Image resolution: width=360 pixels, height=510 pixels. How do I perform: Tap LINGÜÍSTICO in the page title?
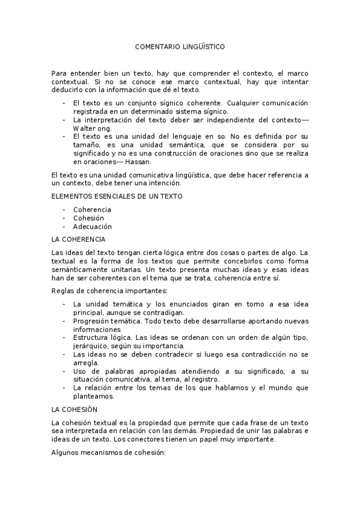point(203,46)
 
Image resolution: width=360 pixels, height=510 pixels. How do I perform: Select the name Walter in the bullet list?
point(84,128)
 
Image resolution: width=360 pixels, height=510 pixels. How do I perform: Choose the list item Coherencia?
point(92,209)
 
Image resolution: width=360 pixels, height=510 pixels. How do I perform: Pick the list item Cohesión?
point(88,218)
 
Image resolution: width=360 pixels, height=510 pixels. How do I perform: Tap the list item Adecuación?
point(92,227)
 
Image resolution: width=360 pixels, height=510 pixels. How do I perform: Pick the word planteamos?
point(93,396)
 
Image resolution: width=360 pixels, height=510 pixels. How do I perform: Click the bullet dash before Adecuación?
point(64,227)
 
